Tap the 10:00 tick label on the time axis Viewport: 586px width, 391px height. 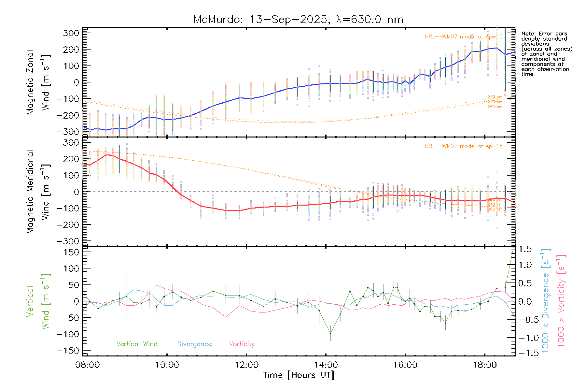[x=167, y=365]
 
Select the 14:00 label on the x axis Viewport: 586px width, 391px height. [x=326, y=365]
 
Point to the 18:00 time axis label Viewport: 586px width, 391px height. [x=485, y=365]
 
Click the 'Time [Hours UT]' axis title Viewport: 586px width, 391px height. [x=299, y=375]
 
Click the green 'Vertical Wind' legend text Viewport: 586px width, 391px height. [x=137, y=344]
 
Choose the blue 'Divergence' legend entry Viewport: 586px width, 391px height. [x=194, y=344]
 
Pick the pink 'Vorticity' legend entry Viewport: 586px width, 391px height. [x=242, y=344]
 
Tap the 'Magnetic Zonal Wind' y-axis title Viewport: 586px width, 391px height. [x=38, y=82]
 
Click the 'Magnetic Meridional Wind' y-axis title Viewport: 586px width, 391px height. [x=38, y=192]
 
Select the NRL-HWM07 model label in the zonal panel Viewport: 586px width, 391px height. [x=464, y=36]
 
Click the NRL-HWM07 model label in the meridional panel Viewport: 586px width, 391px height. [x=464, y=146]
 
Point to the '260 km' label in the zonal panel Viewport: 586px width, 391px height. [x=495, y=107]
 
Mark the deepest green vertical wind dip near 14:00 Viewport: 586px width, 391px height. [x=330, y=334]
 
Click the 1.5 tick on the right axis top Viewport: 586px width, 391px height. [x=525, y=249]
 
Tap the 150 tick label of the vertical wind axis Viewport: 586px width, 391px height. [x=72, y=252]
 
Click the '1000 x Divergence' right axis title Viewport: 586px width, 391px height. [x=545, y=301]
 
